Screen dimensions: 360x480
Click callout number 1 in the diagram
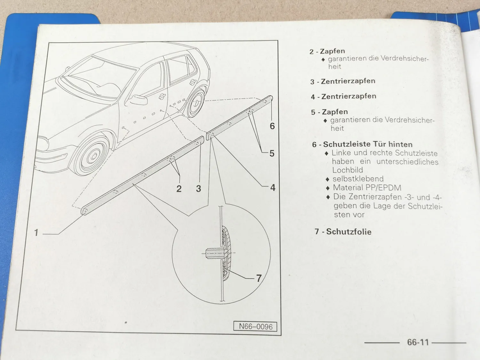tap(36, 232)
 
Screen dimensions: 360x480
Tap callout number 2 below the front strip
tap(179, 189)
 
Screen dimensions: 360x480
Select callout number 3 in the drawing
tap(198, 189)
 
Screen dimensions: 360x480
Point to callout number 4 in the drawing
tap(272, 188)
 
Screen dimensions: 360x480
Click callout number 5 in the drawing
tap(272, 153)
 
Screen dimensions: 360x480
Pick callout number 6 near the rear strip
tap(272, 126)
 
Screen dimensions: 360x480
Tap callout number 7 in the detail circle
tap(259, 278)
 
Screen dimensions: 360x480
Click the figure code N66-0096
tap(255, 326)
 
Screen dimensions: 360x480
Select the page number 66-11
tap(418, 342)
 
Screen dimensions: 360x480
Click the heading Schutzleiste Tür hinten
tap(367, 144)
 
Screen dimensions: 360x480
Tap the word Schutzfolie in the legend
tap(348, 232)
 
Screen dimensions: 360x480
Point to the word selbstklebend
tap(358, 179)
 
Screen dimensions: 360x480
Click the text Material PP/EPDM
tap(367, 188)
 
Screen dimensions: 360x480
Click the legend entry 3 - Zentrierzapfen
tap(343, 81)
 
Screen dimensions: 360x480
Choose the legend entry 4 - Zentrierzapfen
tap(343, 96)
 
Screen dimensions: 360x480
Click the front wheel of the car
tap(92, 157)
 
